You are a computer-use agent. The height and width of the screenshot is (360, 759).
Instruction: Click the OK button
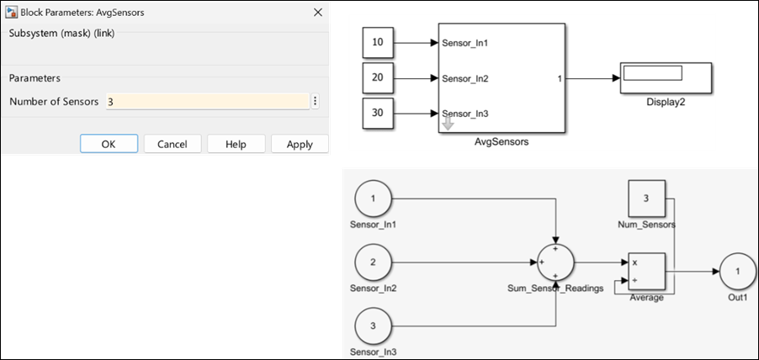[x=109, y=144]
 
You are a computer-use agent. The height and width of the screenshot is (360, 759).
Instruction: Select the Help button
[x=236, y=144]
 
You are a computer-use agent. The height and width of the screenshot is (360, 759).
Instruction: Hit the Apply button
[x=300, y=144]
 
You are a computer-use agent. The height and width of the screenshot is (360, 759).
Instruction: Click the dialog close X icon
[x=317, y=13]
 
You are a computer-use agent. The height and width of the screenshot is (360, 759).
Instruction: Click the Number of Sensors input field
[x=206, y=101]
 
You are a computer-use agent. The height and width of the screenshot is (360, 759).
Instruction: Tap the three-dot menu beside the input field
[x=315, y=101]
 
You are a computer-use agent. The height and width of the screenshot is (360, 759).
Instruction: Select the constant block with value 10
[x=376, y=42]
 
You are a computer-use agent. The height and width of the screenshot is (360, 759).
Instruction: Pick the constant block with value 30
[x=376, y=114]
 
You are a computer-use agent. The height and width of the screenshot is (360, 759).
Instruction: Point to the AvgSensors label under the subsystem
[x=502, y=143]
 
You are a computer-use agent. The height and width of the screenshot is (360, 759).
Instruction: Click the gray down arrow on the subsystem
[x=448, y=124]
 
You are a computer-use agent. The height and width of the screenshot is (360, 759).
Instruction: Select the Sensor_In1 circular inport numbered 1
[x=372, y=199]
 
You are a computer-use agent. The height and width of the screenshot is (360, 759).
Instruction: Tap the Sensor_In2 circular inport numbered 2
[x=372, y=262]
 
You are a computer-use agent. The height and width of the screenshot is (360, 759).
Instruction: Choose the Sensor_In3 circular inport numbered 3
[x=372, y=325]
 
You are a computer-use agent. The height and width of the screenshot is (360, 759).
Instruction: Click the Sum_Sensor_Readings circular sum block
[x=555, y=262]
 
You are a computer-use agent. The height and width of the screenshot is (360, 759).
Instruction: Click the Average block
[x=646, y=271]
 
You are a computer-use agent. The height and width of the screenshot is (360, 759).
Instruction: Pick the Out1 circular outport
[x=737, y=272]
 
